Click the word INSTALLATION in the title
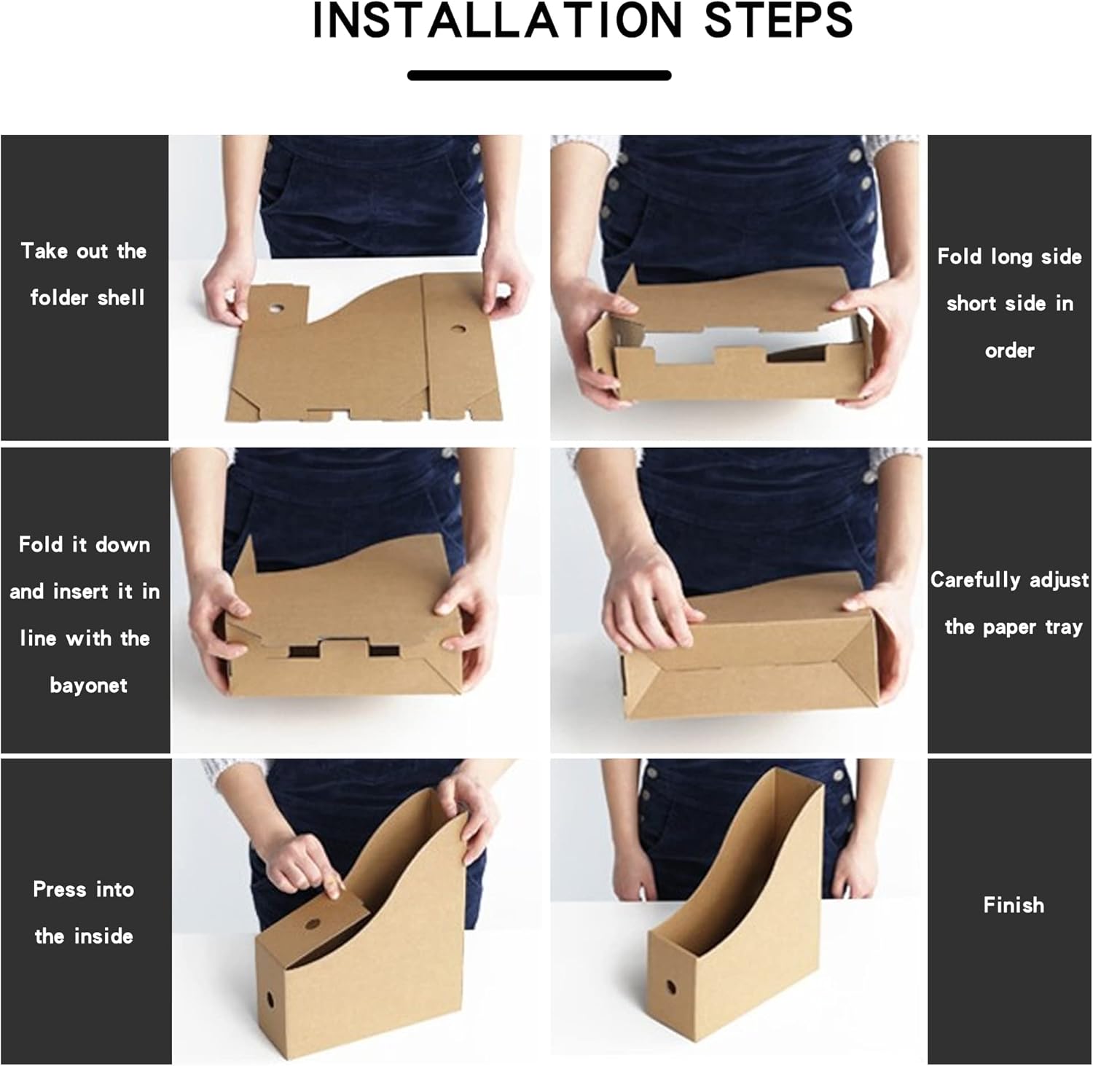pos(496,20)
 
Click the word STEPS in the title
pos(778,20)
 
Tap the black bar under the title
pos(539,75)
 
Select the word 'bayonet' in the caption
pos(88,686)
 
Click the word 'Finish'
pos(1014,905)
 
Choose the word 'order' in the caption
pos(1009,350)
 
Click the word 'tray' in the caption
pos(1064,627)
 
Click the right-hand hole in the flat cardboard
pos(458,329)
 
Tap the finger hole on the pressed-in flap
pos(313,924)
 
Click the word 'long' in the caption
pos(1013,257)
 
